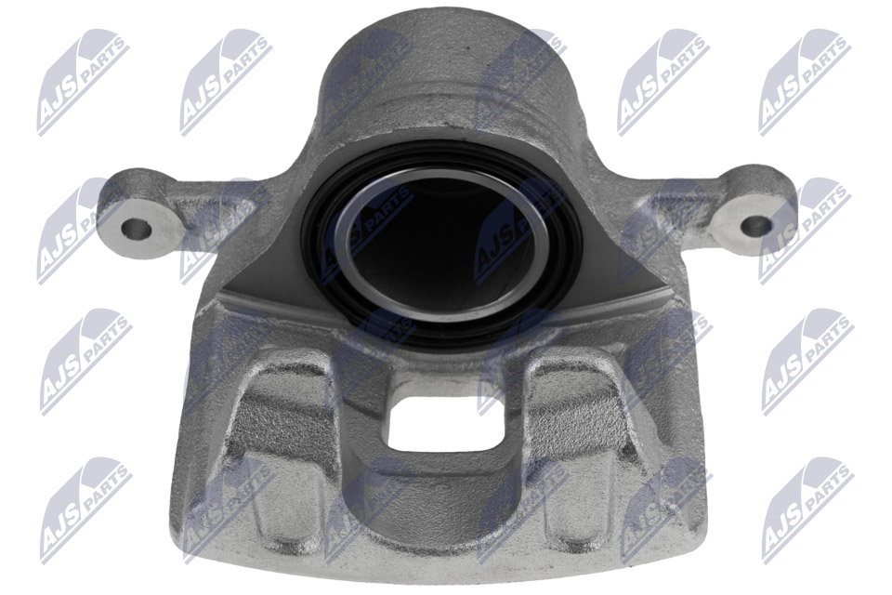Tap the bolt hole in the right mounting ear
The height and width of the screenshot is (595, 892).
point(757,225)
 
